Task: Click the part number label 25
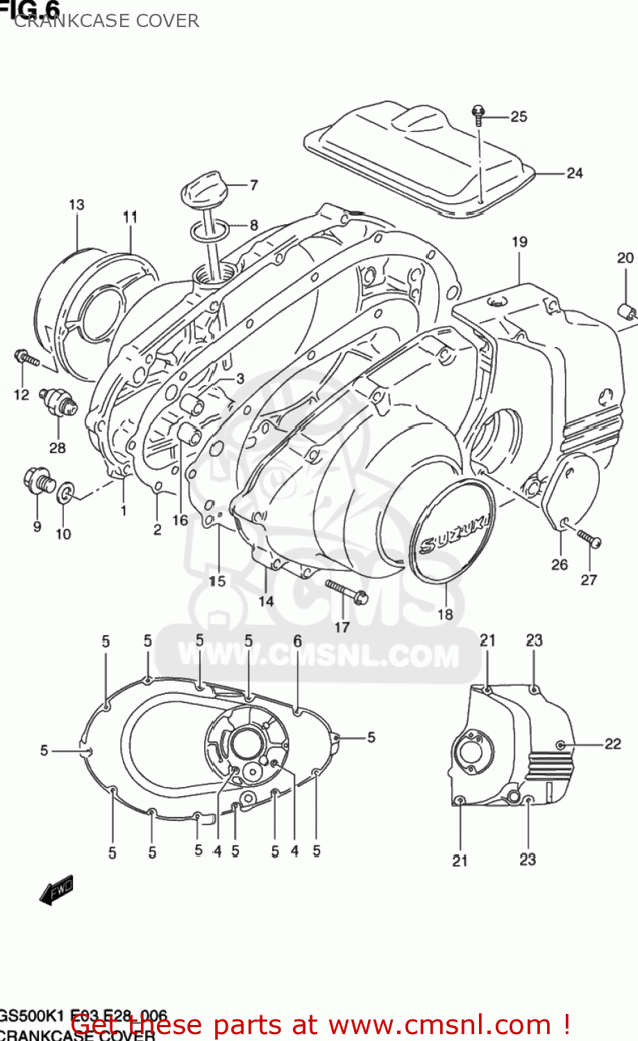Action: coord(519,117)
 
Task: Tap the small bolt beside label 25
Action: coord(478,115)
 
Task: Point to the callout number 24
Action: coord(574,173)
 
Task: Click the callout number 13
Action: coord(76,205)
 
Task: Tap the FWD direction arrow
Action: coord(56,890)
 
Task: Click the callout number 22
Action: coord(612,744)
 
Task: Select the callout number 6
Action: coord(297,641)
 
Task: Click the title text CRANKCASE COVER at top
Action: coord(106,21)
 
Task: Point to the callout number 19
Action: coord(519,242)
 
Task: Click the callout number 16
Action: coord(180,520)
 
